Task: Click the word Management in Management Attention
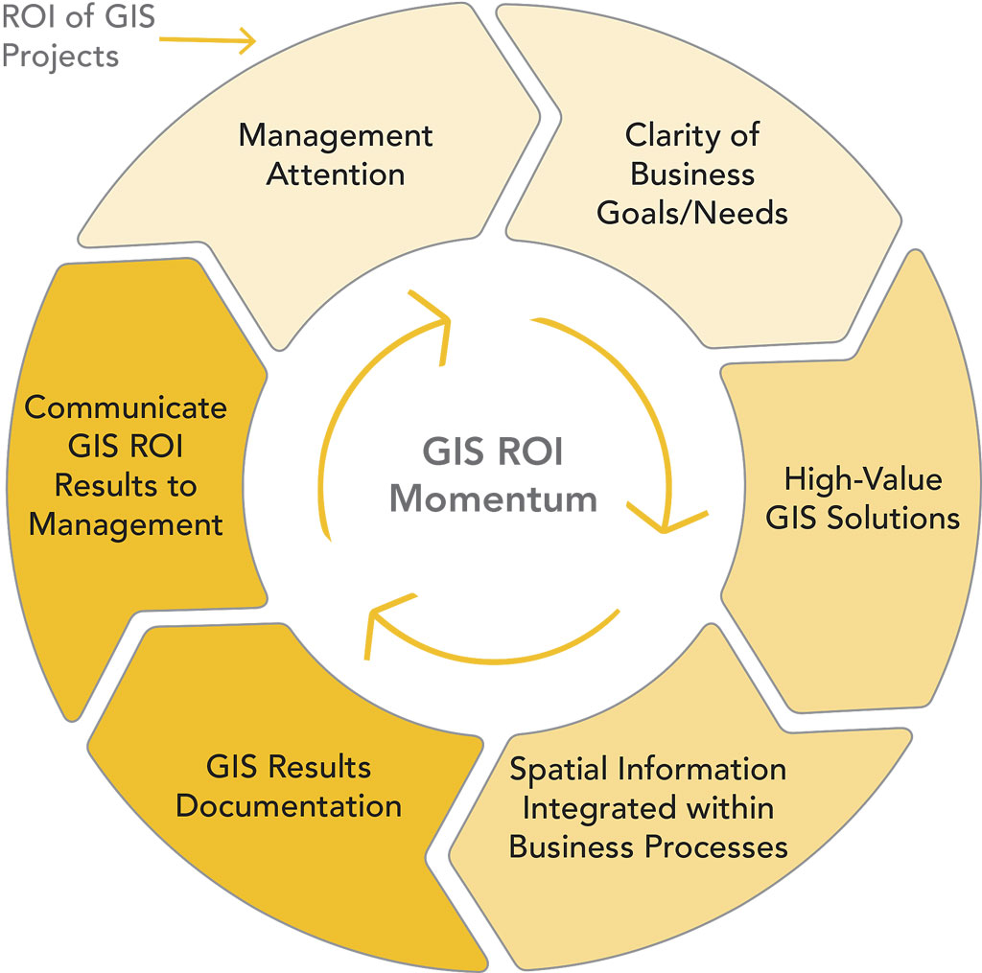pyautogui.click(x=336, y=136)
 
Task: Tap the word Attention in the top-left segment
pyautogui.click(x=336, y=175)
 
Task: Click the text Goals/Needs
pyautogui.click(x=692, y=212)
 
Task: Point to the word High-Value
pyautogui.click(x=863, y=478)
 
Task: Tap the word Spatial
pyautogui.click(x=559, y=769)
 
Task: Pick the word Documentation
pyautogui.click(x=289, y=805)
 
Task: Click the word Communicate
pyautogui.click(x=126, y=407)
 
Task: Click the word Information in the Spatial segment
pyautogui.click(x=702, y=769)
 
